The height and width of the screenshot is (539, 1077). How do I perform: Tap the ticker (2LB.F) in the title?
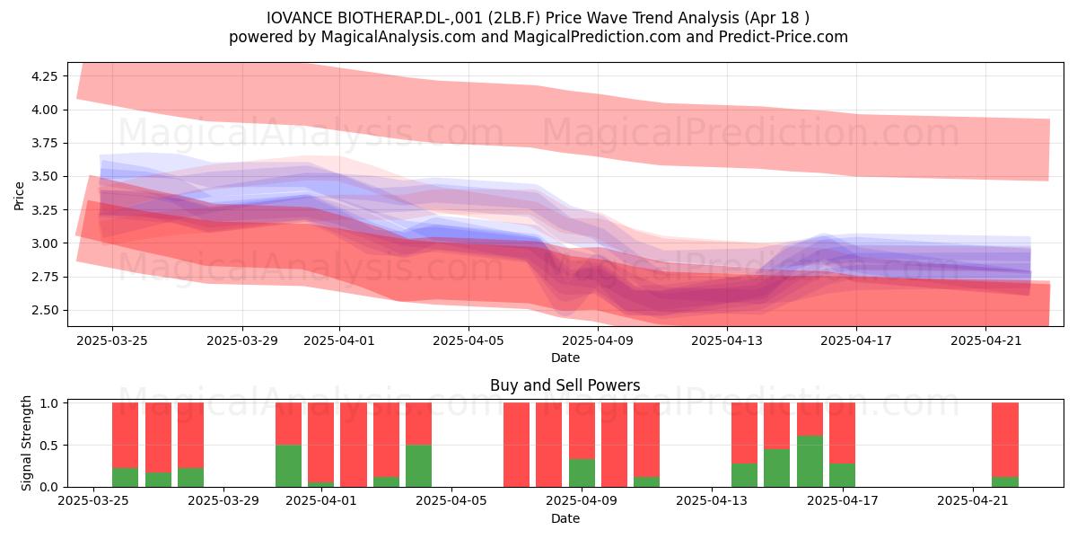tap(513, 18)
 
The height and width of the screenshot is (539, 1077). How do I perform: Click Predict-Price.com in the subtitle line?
tap(784, 37)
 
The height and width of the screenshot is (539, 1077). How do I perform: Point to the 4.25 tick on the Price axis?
tap(44, 76)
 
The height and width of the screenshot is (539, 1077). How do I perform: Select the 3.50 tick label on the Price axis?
tap(44, 177)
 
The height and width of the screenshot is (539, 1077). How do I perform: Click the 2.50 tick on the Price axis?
tap(44, 311)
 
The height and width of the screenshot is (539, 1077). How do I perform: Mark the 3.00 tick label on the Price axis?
tap(44, 243)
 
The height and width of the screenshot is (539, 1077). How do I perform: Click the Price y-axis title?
tap(19, 196)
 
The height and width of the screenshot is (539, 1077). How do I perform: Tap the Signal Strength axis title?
tap(26, 443)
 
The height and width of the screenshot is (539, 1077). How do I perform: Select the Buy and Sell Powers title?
tap(565, 385)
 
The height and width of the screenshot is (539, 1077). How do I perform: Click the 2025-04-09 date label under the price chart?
tap(598, 341)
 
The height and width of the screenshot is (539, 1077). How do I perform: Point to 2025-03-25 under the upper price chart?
tap(112, 341)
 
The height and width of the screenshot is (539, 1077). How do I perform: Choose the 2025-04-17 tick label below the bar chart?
tap(843, 501)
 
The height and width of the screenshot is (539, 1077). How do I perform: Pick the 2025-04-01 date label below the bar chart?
tap(321, 501)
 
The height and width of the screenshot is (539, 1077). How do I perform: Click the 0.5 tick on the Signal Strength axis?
tap(50, 446)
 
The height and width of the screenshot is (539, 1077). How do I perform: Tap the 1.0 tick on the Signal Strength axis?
tap(50, 403)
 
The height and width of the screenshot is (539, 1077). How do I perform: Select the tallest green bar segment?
tap(810, 461)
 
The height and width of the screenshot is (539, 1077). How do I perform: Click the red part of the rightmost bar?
tap(1005, 439)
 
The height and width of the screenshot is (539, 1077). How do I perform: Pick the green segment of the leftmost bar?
tap(125, 477)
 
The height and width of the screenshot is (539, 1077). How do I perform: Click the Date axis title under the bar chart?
tap(565, 519)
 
